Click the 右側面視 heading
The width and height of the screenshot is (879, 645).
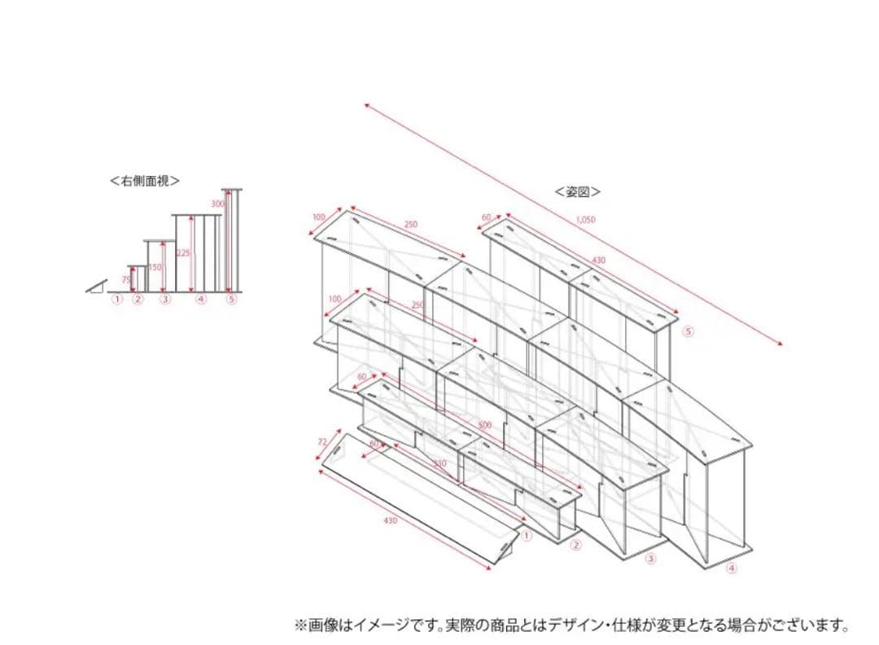click(x=145, y=182)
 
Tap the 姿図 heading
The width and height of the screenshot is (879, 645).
click(x=578, y=192)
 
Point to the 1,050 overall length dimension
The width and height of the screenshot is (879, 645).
click(x=585, y=219)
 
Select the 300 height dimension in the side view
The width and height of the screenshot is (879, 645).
click(x=217, y=203)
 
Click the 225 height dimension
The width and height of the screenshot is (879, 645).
click(x=183, y=253)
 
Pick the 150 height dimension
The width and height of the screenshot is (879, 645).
click(x=155, y=267)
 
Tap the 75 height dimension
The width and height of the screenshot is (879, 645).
click(x=126, y=279)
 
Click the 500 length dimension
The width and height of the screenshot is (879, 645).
click(x=485, y=426)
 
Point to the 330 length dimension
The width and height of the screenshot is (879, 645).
click(x=439, y=463)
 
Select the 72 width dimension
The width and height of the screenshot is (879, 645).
click(x=322, y=442)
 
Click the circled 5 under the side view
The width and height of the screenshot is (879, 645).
click(x=232, y=300)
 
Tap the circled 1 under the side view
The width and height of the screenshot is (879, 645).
click(x=118, y=300)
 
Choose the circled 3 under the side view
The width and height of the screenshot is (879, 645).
click(x=165, y=300)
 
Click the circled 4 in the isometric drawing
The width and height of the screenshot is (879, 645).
click(x=731, y=568)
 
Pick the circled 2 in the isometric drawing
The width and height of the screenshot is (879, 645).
click(x=576, y=545)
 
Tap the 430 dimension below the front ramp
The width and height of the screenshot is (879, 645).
click(x=391, y=520)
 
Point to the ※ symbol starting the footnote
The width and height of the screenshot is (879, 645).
click(x=300, y=625)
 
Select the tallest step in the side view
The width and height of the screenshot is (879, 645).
click(x=233, y=239)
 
